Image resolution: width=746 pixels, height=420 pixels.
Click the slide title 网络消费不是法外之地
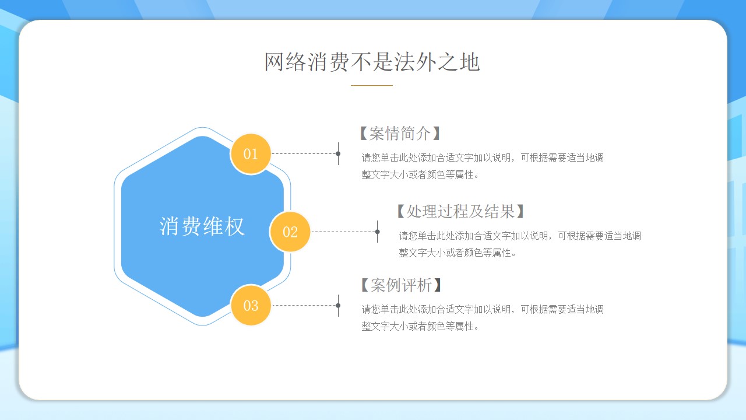click(x=372, y=62)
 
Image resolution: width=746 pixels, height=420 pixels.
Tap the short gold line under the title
click(x=372, y=85)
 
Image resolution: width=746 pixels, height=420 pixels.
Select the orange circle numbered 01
click(x=251, y=154)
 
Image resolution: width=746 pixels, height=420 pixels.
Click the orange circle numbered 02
click(x=290, y=232)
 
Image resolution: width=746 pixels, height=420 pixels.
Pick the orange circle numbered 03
click(x=251, y=305)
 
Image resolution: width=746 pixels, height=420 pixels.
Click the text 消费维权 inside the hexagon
click(x=202, y=226)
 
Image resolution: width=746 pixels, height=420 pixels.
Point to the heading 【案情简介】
click(x=400, y=134)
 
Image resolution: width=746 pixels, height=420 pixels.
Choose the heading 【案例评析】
click(x=401, y=285)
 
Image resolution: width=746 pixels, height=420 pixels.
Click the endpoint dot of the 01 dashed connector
click(x=338, y=153)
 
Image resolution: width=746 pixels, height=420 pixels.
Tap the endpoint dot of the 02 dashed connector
click(x=377, y=232)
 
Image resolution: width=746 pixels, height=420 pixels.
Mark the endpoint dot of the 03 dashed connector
click(x=338, y=305)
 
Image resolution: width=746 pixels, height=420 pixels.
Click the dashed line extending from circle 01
click(x=304, y=153)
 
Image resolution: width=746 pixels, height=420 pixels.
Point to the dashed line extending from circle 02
click(x=343, y=232)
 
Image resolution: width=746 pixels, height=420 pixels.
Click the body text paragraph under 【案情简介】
click(x=483, y=166)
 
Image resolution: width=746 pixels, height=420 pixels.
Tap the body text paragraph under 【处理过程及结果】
click(x=520, y=244)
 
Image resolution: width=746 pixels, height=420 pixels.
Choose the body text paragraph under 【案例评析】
click(x=483, y=318)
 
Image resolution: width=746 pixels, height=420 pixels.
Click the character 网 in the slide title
click(x=274, y=62)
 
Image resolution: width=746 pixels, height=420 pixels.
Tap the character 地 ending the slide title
click(x=470, y=62)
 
